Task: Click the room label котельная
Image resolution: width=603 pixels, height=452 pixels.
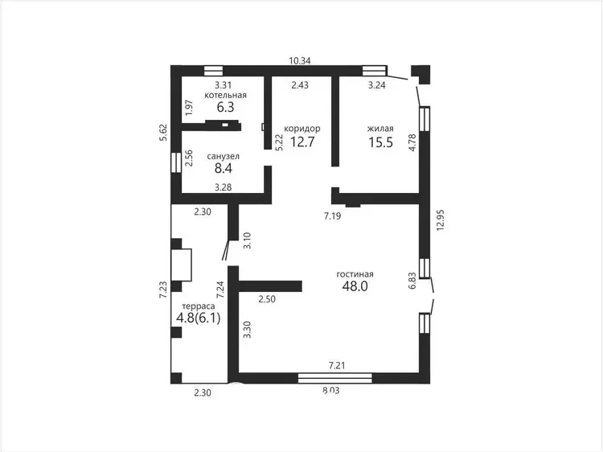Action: (x=225, y=95)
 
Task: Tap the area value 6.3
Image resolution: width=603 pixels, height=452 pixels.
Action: (x=225, y=107)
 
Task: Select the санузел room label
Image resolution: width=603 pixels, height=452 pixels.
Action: (x=223, y=157)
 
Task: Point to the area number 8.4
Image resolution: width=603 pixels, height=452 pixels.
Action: (x=224, y=168)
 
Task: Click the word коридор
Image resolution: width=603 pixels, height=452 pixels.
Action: (x=301, y=129)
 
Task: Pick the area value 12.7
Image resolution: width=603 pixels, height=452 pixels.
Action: (x=302, y=142)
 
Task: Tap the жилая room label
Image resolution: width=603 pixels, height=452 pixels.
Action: (x=380, y=129)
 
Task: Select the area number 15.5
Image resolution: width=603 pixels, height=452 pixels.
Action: (x=381, y=142)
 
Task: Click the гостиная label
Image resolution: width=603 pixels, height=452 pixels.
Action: (x=355, y=274)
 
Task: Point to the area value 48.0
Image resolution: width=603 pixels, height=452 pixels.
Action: (x=355, y=286)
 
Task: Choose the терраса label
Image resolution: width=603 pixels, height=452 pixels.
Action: (x=199, y=306)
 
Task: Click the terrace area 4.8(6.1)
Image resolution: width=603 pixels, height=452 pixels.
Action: (x=199, y=318)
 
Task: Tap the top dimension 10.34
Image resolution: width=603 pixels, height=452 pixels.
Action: (x=300, y=61)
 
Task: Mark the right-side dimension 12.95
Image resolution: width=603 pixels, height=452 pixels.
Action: (x=441, y=220)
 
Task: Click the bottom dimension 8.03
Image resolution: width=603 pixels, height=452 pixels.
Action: (x=331, y=391)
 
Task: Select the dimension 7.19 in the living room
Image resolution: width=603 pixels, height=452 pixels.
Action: (x=332, y=216)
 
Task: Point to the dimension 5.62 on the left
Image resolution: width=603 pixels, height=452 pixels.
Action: (x=164, y=133)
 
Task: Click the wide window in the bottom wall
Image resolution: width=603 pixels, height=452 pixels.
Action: (x=335, y=378)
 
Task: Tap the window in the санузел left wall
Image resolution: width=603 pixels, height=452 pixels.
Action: (x=176, y=162)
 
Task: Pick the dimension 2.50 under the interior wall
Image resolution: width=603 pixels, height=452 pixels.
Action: (x=267, y=299)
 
